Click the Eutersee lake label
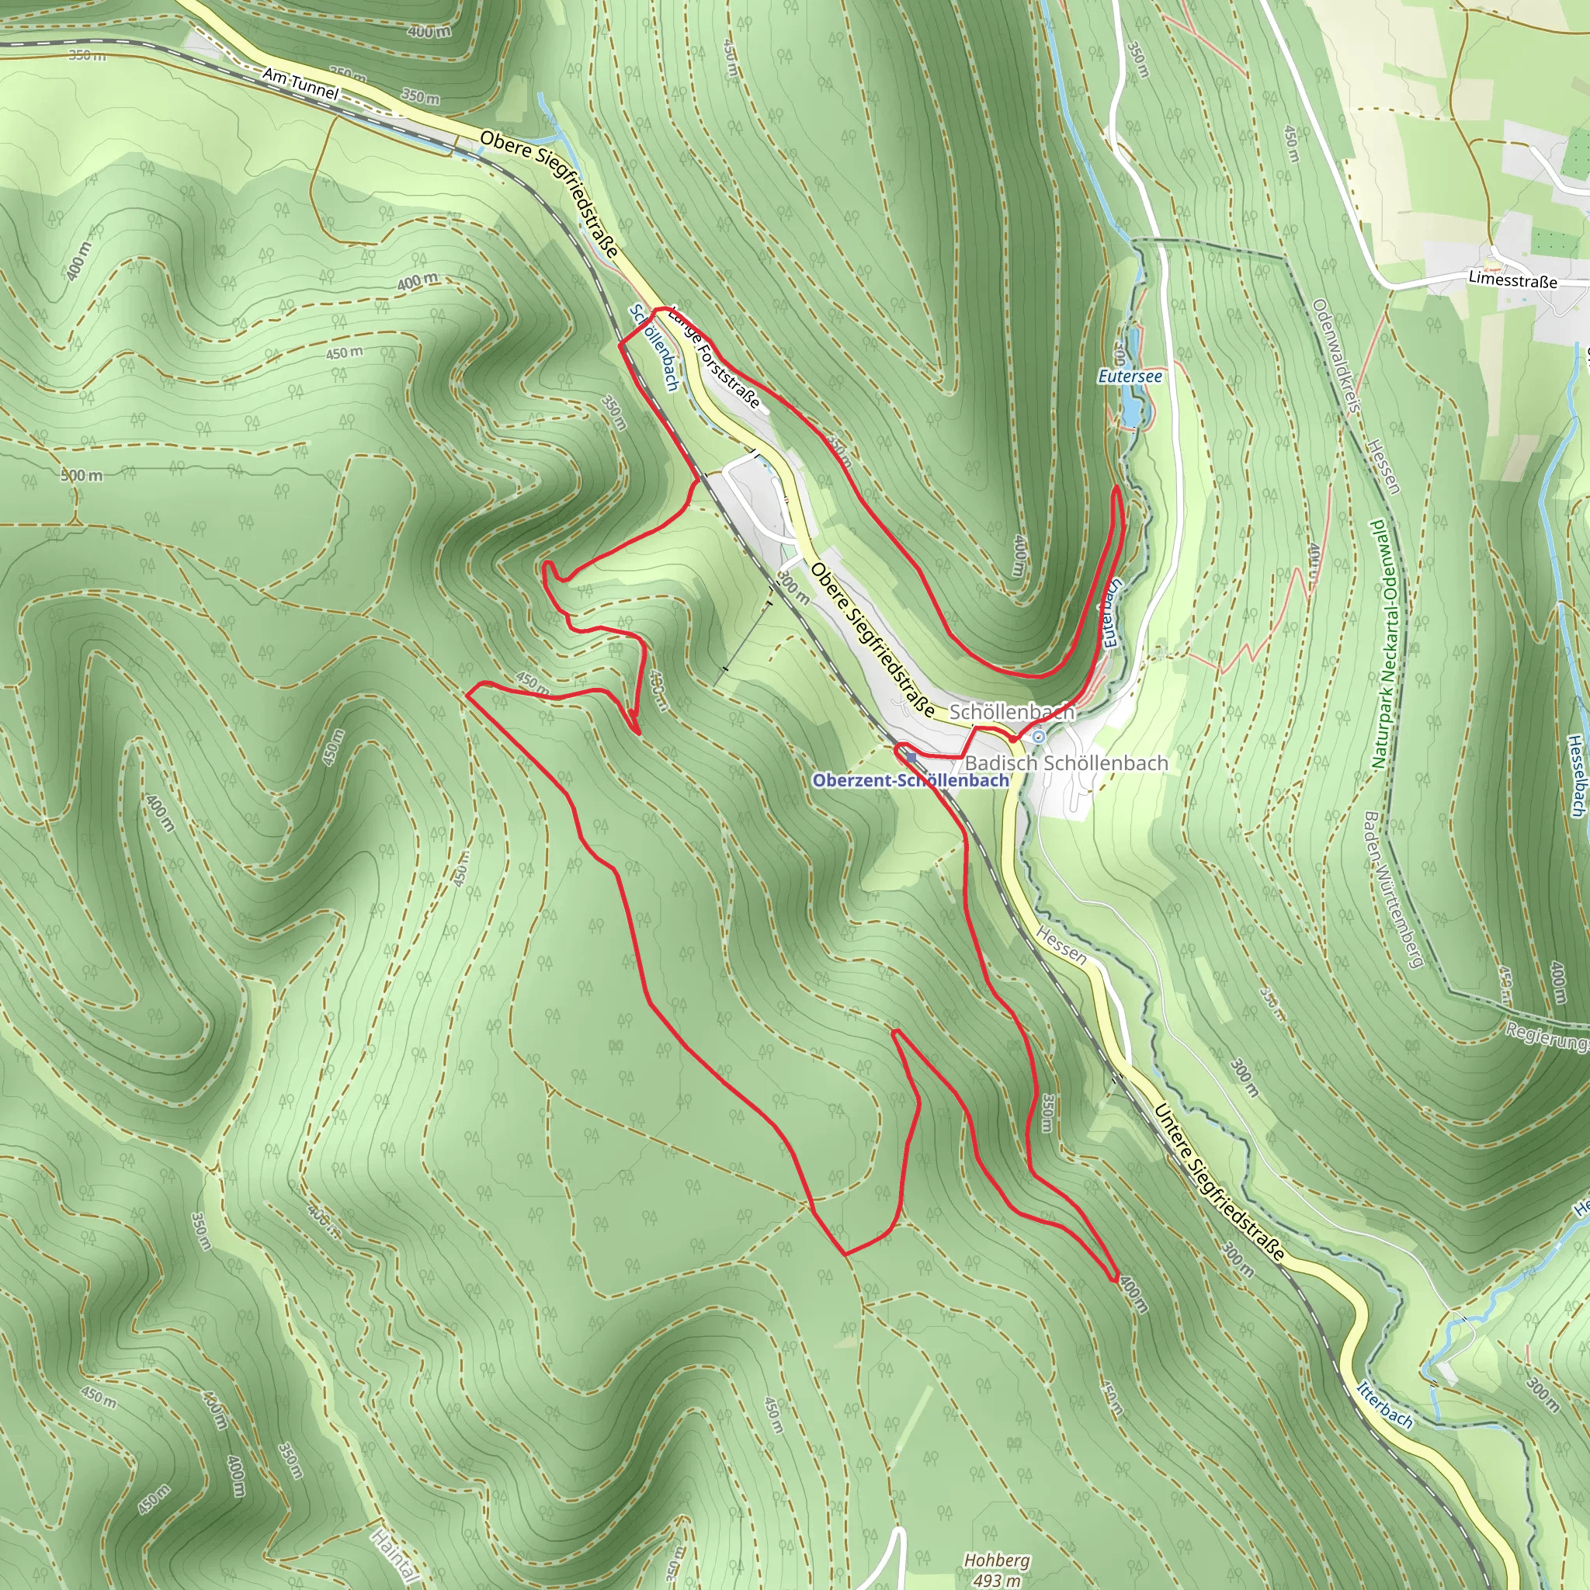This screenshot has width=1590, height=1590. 1130,377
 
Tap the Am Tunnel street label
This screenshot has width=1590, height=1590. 300,84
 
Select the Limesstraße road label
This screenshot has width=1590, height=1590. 1512,279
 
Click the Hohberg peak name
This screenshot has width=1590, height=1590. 997,1560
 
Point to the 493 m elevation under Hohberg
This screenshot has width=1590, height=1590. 997,1579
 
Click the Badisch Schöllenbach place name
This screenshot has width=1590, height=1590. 1066,763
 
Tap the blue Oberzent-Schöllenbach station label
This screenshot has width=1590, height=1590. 910,780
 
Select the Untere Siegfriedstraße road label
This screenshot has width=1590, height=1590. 1219,1182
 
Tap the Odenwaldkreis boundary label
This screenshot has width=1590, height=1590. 1335,355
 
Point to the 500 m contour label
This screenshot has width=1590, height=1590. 82,475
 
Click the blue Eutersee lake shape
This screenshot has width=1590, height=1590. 1132,408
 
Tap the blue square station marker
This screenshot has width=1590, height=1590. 910,757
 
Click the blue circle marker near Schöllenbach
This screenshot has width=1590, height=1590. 1040,737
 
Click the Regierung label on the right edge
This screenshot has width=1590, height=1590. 1547,1037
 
